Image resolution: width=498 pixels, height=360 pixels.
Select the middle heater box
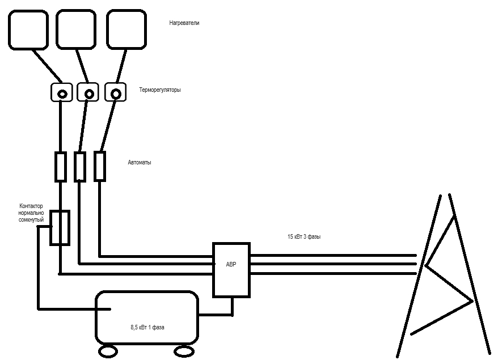(76, 29)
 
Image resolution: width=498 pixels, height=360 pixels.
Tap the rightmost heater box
(126, 29)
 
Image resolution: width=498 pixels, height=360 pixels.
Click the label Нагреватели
(184, 23)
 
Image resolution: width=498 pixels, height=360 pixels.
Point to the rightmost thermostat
(116, 92)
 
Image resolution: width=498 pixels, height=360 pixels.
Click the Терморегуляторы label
(160, 90)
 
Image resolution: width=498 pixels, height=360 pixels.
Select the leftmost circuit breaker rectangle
(61, 166)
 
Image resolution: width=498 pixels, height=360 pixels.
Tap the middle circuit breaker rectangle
(80, 166)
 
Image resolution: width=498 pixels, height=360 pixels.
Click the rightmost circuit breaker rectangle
(100, 166)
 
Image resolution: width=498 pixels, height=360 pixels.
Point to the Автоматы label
(140, 163)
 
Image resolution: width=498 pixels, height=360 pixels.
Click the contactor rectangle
(60, 227)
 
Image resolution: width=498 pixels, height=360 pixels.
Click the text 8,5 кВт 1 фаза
(147, 327)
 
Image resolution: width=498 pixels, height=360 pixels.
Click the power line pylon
(448, 272)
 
